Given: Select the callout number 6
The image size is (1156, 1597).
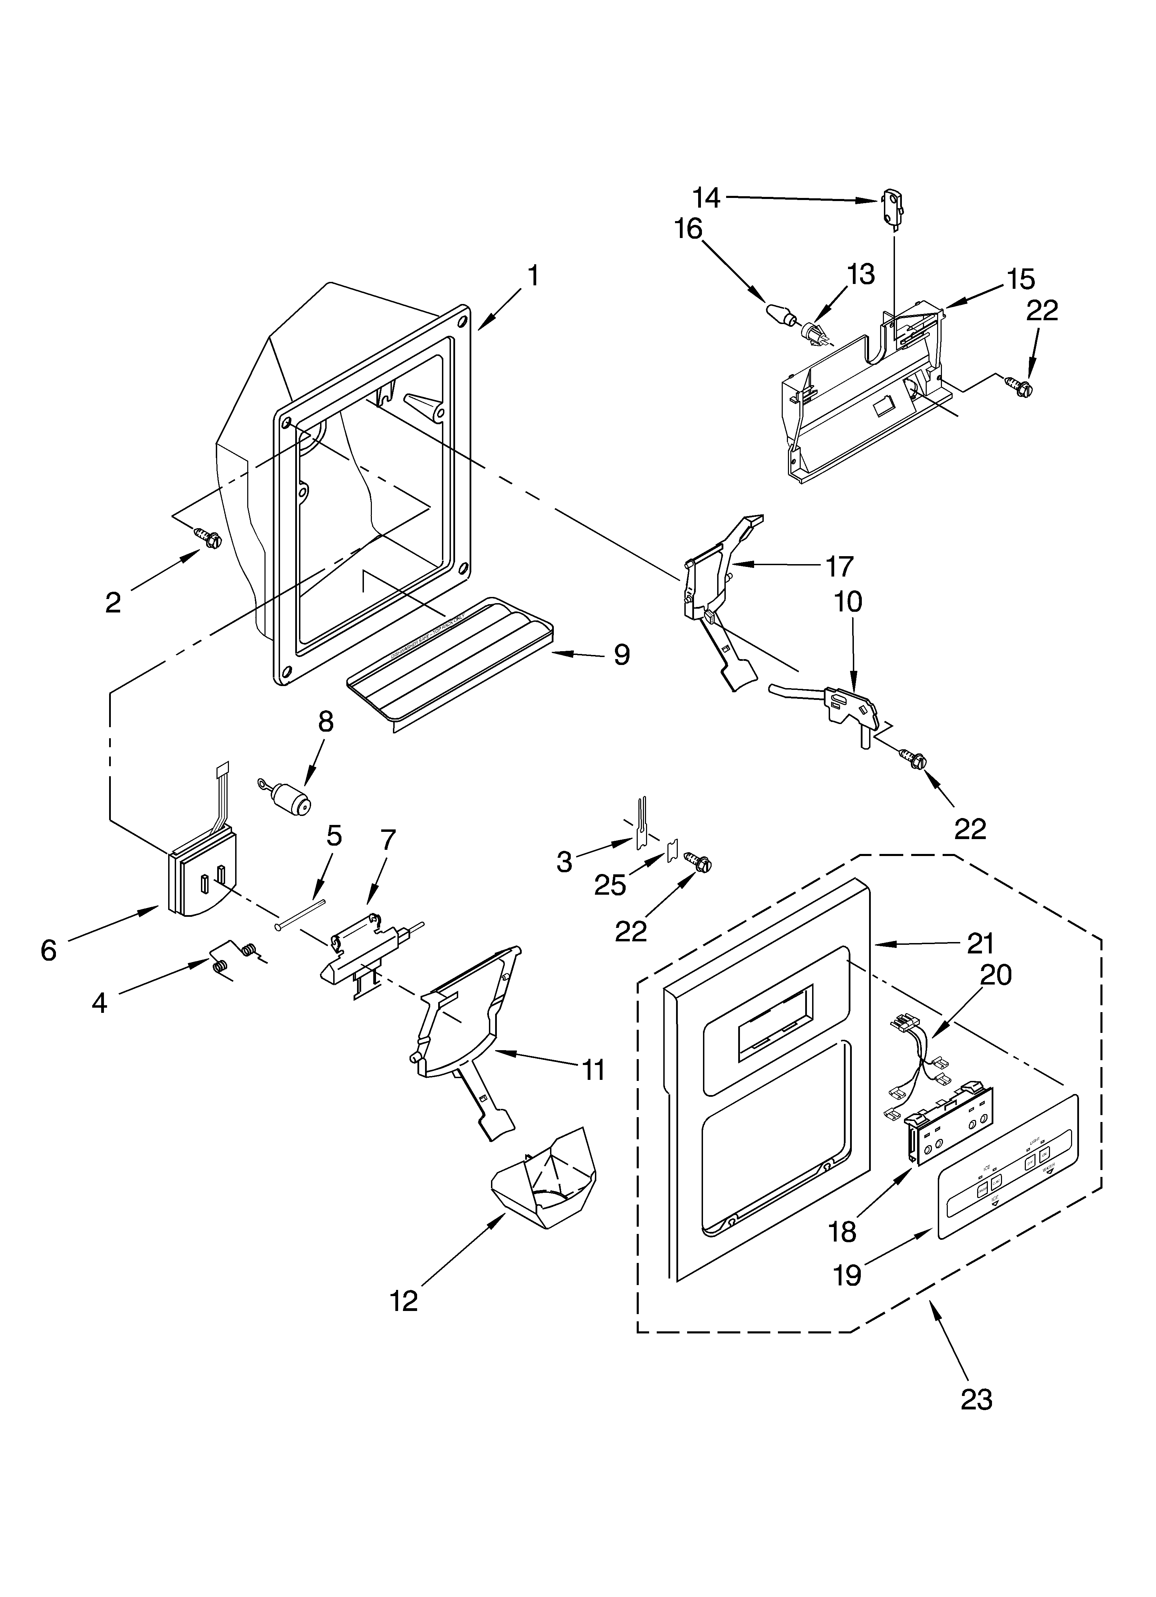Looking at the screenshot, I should (48, 951).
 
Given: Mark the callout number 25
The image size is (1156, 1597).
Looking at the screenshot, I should (610, 885).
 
